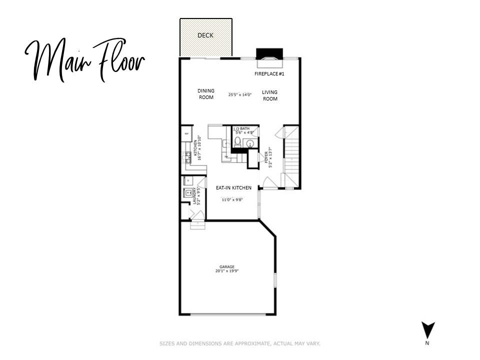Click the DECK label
pyautogui.click(x=205, y=35)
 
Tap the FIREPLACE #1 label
pyautogui.click(x=269, y=73)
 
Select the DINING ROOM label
pyautogui.click(x=206, y=94)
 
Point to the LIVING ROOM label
pyautogui.click(x=270, y=95)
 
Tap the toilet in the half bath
pyautogui.click(x=237, y=143)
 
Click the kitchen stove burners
pyautogui.click(x=189, y=158)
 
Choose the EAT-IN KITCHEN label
pyautogui.click(x=233, y=188)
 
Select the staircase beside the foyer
pyautogui.click(x=291, y=155)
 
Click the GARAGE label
pyautogui.click(x=226, y=267)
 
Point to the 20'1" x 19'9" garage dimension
pyautogui.click(x=226, y=271)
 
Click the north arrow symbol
pyautogui.click(x=428, y=330)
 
